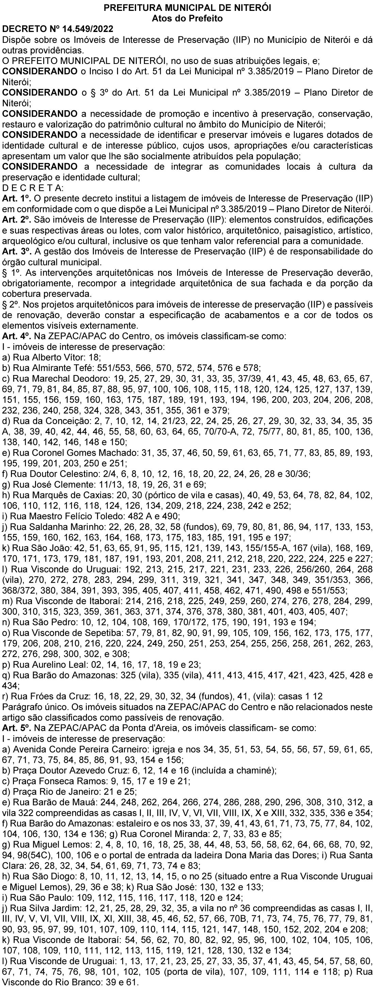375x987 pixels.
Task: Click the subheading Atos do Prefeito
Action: tap(187, 18)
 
